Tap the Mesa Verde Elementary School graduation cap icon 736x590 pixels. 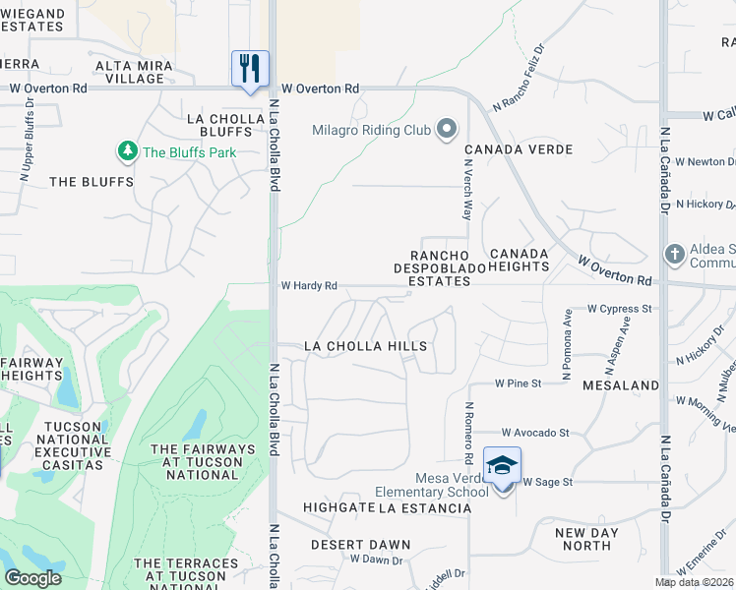pyautogui.click(x=502, y=466)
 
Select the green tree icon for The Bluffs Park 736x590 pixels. pyautogui.click(x=127, y=151)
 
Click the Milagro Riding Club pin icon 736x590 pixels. pyautogui.click(x=448, y=130)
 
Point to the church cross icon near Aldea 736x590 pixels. pyautogui.click(x=674, y=253)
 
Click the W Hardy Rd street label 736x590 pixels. pyautogui.click(x=309, y=286)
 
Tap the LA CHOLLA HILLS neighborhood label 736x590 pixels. pyautogui.click(x=365, y=346)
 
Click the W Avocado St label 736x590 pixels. pyautogui.click(x=535, y=432)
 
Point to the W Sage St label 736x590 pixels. pyautogui.click(x=547, y=482)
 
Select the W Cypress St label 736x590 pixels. pyautogui.click(x=620, y=308)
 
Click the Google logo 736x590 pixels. pyautogui.click(x=32, y=577)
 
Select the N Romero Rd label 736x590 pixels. pyautogui.click(x=469, y=433)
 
